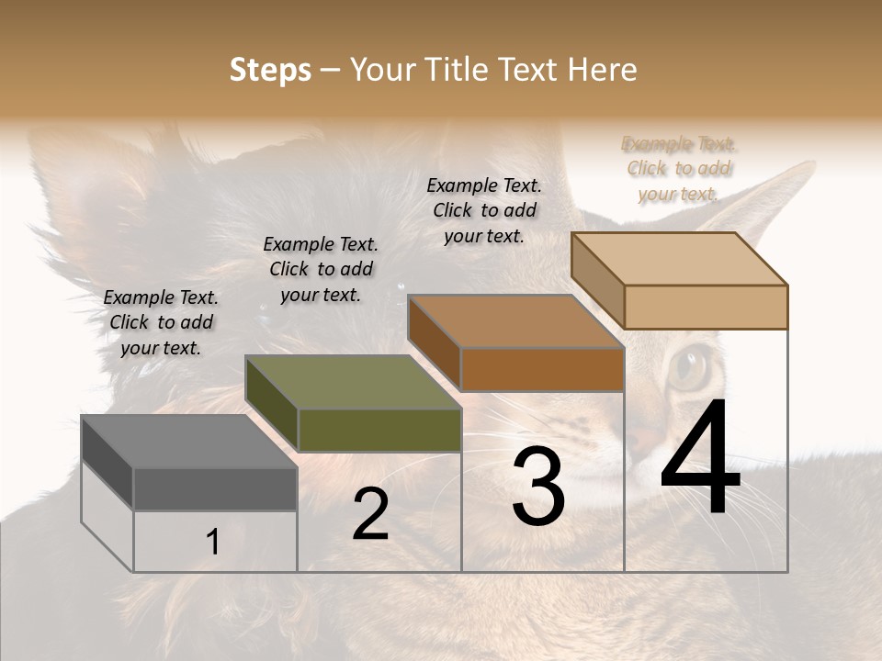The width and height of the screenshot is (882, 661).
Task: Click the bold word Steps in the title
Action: [270, 70]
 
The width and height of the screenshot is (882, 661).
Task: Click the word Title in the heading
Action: [456, 70]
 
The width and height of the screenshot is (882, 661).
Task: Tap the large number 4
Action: [700, 459]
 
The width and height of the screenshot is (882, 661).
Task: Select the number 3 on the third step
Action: [538, 487]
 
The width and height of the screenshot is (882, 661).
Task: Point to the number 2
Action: [370, 515]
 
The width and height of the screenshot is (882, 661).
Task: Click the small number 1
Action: [212, 543]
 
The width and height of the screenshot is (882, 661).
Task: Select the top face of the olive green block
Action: [353, 382]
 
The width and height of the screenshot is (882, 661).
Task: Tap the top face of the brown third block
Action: [515, 321]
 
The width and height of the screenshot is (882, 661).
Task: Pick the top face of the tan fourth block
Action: [679, 258]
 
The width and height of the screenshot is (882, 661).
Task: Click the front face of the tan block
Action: [706, 307]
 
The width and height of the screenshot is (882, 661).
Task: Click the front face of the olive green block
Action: [379, 430]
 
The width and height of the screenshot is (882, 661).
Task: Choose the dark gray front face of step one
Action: [215, 488]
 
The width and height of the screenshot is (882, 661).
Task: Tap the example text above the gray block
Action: [161, 322]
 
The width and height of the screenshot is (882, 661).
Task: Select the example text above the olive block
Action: [321, 269]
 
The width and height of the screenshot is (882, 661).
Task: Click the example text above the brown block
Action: [484, 210]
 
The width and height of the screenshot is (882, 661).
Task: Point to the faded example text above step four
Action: [679, 169]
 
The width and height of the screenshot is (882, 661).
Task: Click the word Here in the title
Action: [603, 70]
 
